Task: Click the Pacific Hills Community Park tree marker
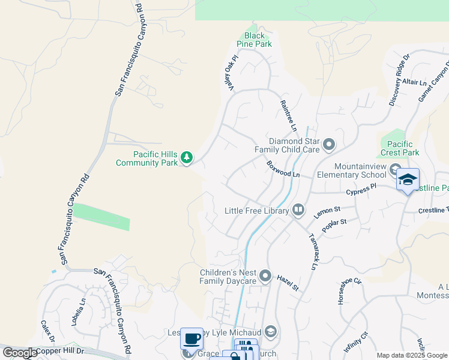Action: coord(187,158)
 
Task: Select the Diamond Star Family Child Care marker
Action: coord(329,145)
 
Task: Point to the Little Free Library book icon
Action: coord(298,211)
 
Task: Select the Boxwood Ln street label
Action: coord(283,169)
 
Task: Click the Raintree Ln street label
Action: coord(289,116)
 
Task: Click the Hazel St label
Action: coord(288,283)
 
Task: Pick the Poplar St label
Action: coord(334,226)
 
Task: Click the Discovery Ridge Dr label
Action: coord(399,81)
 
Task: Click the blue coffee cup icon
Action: coord(192,338)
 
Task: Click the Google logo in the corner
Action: coord(20,353)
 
